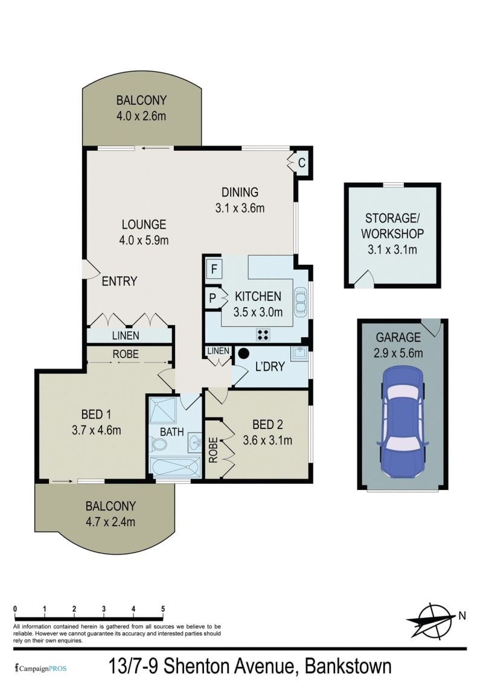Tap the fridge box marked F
click(214, 268)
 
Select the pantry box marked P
click(213, 298)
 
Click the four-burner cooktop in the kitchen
click(263, 334)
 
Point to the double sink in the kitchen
click(301, 301)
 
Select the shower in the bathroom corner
click(162, 410)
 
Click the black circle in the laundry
click(243, 353)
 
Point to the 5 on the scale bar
click(163, 609)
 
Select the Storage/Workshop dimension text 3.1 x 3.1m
click(392, 250)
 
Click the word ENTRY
click(120, 281)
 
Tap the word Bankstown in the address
click(348, 667)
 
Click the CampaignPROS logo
click(40, 668)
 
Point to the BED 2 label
click(267, 424)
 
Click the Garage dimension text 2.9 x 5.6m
click(398, 353)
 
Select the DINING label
click(240, 192)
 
